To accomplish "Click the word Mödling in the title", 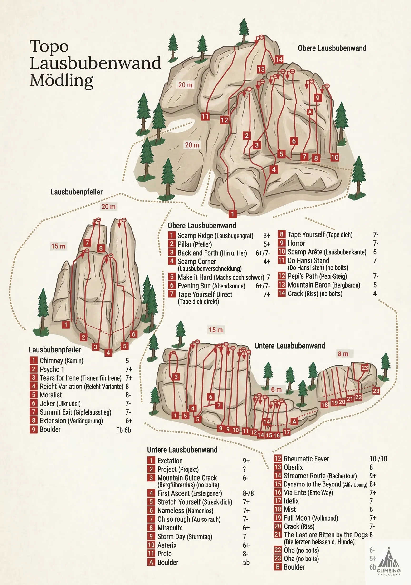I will point(62,80).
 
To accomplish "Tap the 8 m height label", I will point(343,354).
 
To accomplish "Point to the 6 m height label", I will point(276,390).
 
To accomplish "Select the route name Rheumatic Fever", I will point(306,459).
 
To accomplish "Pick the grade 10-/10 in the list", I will point(378,459).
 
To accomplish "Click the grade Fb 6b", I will point(123,430).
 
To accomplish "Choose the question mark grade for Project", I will point(244,469).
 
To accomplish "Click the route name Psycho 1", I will point(52,369).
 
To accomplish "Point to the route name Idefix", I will point(291,501).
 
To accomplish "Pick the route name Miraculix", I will point(170,528).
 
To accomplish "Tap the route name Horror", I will point(296,243).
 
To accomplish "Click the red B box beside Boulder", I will point(278,567).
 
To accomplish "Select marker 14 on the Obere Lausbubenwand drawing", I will point(279,60).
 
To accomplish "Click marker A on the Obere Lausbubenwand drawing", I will point(310,112).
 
